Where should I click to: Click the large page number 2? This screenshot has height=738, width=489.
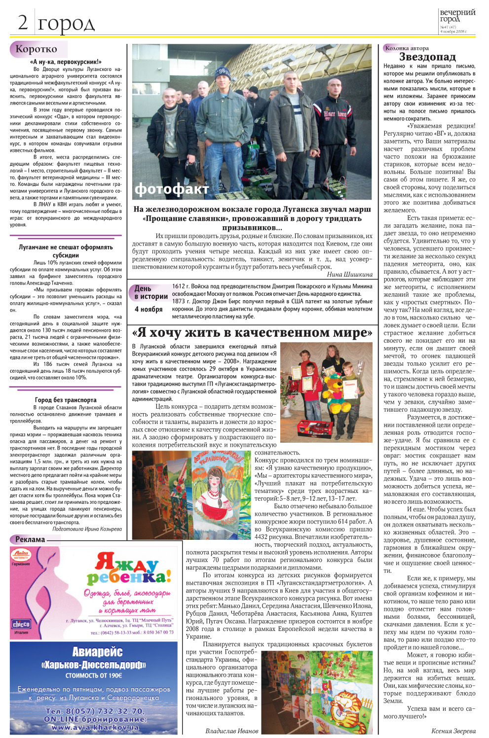[x=23, y=22]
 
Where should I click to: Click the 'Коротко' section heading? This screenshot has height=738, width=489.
[x=36, y=49]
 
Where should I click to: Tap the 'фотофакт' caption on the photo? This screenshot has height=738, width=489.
[x=171, y=189]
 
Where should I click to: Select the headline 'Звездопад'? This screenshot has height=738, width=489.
[x=427, y=57]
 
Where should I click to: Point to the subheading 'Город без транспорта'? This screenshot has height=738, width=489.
[x=66, y=400]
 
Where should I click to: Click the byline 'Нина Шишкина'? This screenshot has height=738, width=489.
[x=349, y=274]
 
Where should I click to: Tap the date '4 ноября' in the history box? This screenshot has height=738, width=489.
[x=149, y=309]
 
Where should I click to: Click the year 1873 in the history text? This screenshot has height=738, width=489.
[x=178, y=301]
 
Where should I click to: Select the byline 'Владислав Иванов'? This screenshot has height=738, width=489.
[x=232, y=731]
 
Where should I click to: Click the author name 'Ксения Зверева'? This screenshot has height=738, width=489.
[x=453, y=731]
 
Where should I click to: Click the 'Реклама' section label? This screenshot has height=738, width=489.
[x=30, y=539]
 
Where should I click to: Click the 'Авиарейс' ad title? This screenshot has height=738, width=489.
[x=97, y=652]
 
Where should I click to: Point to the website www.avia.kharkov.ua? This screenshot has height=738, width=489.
[x=95, y=727]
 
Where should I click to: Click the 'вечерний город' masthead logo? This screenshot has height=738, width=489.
[x=457, y=15]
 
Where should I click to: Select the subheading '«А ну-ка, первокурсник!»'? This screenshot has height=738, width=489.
[x=66, y=62]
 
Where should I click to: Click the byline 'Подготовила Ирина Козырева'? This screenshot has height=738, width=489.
[x=87, y=529]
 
